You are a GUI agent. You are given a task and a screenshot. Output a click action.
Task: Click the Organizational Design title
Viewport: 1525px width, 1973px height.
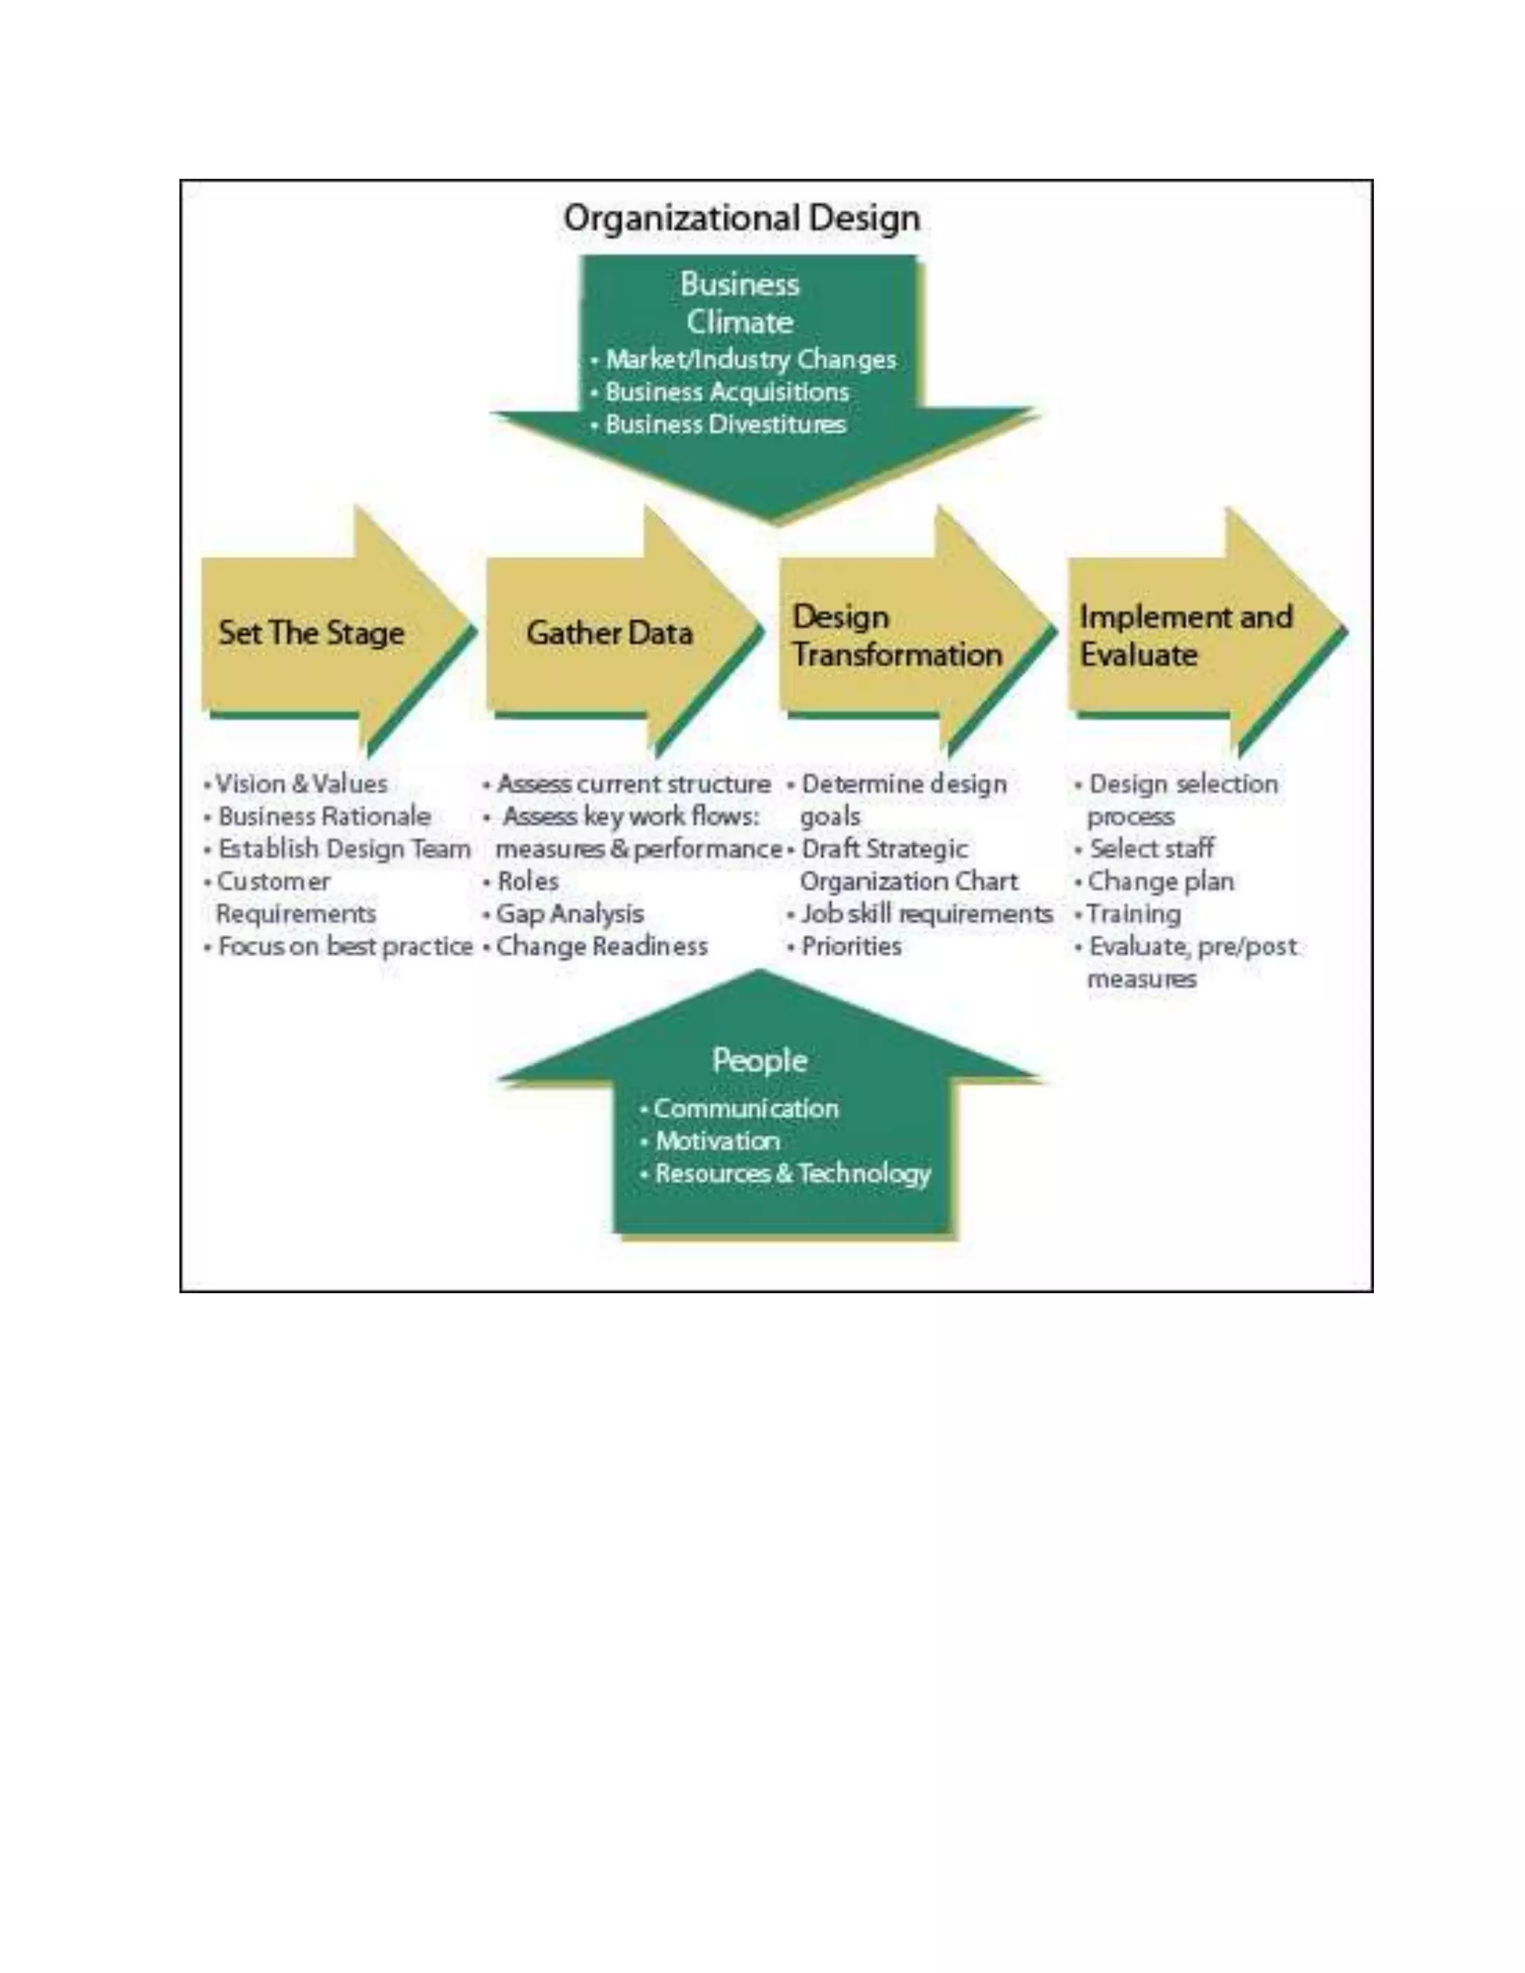pyautogui.click(x=741, y=219)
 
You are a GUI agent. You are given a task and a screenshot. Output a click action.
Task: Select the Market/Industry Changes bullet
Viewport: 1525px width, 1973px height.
pyautogui.click(x=750, y=360)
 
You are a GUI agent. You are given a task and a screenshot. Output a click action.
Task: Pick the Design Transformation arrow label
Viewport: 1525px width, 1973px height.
pyautogui.click(x=897, y=636)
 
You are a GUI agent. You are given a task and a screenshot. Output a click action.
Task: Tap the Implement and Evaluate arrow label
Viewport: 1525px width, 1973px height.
pyautogui.click(x=1185, y=636)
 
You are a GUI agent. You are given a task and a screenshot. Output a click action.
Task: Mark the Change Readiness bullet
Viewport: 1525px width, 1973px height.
pyautogui.click(x=601, y=947)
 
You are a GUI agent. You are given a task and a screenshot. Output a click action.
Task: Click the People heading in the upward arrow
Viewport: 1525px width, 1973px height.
pyautogui.click(x=759, y=1060)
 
